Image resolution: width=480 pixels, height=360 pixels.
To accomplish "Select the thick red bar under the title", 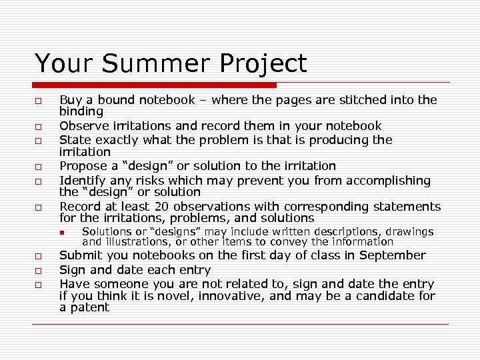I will pos(155,85).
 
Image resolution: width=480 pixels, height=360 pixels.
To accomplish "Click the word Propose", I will pos(83,166).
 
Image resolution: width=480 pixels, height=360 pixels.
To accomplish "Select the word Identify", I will pos(82,180).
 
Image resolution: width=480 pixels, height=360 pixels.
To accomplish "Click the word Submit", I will pos(80,255).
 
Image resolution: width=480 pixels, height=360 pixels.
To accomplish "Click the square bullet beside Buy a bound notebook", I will pos(39,101).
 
